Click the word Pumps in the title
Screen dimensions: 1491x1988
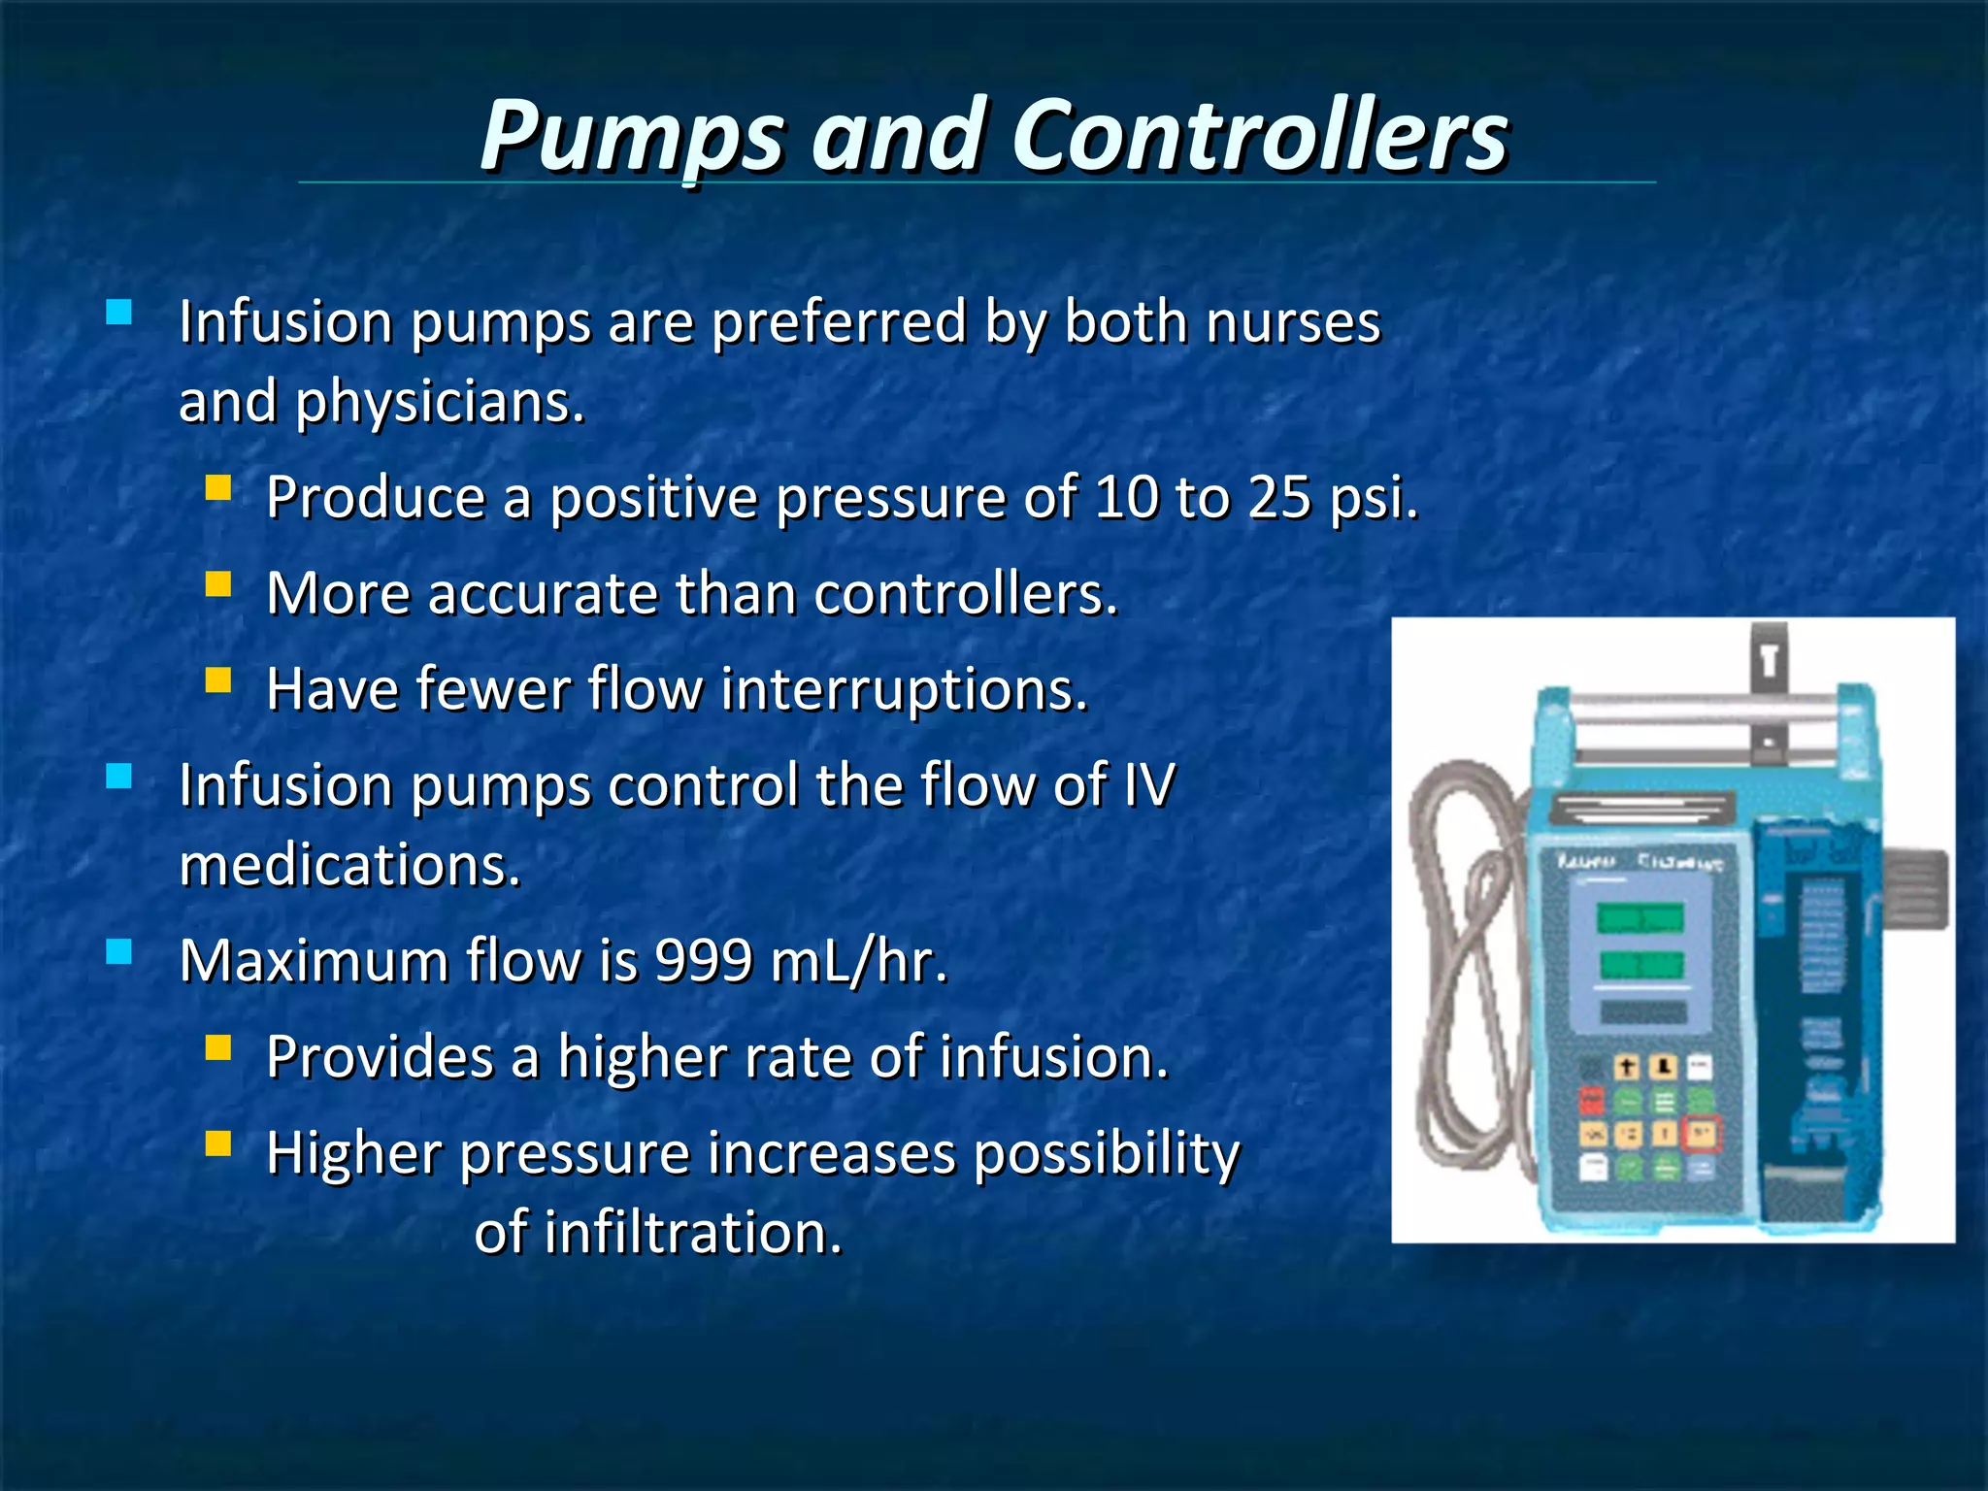(631, 136)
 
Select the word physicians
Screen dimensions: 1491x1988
(440, 403)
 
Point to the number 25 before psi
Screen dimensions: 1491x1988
(1279, 498)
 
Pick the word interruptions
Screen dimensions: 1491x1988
(904, 690)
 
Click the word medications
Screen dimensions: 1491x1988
(350, 866)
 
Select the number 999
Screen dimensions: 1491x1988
(704, 962)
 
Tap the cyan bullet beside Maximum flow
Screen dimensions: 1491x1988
(119, 951)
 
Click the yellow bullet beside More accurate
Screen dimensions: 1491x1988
(218, 583)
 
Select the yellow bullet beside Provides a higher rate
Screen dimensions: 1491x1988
(218, 1046)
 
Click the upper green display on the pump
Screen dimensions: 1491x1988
(1640, 917)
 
